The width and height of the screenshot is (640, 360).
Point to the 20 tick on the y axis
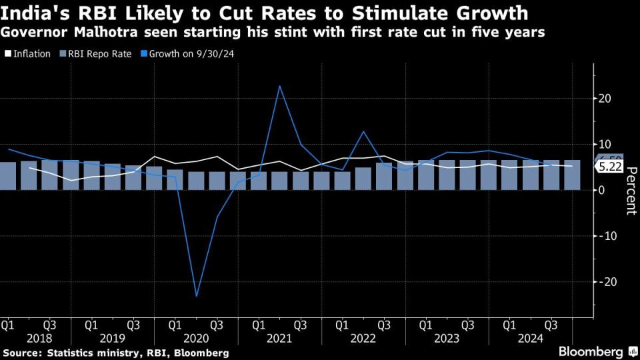(x=604, y=99)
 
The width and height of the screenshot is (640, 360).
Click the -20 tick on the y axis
(x=603, y=281)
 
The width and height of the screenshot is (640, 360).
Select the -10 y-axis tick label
(x=603, y=236)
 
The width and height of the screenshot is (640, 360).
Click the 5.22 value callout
(x=609, y=167)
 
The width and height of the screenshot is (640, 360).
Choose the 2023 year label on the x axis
(x=447, y=338)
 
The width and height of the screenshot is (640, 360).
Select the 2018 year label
(x=30, y=338)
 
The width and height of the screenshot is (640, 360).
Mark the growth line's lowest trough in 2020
(x=197, y=296)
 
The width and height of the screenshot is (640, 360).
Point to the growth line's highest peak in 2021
(x=279, y=86)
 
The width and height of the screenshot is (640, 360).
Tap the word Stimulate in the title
(x=409, y=13)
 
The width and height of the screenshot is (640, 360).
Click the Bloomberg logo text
(x=590, y=351)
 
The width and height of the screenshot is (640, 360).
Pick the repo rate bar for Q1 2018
(x=7, y=176)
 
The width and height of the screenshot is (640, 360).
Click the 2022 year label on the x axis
(x=363, y=338)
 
